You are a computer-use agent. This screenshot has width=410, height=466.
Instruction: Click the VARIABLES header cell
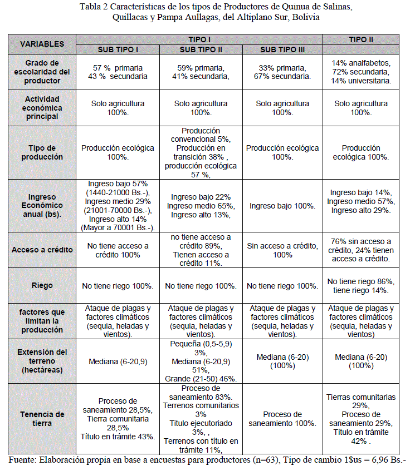coord(42,44)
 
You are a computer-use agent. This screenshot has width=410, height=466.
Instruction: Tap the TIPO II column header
coord(361,39)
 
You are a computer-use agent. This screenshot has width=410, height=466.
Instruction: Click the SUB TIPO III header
coord(282,49)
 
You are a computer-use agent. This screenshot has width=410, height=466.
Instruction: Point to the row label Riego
coord(42,285)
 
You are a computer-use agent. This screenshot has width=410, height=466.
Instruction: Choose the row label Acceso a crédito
coord(42,250)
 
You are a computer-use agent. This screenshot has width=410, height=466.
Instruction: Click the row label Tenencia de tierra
coord(42,419)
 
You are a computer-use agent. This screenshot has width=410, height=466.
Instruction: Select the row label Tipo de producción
coord(42,152)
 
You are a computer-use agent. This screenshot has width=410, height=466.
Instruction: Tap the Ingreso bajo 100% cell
coord(282,206)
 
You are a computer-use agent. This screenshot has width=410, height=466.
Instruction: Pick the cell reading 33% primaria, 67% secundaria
coord(282,72)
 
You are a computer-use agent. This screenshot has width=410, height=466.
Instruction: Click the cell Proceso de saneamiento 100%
coord(282,419)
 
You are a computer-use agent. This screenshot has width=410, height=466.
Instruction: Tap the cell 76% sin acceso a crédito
coord(361,250)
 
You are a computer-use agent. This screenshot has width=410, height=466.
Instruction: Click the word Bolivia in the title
coord(305,17)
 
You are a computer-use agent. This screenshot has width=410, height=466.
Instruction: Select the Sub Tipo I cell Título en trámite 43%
coord(118,436)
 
